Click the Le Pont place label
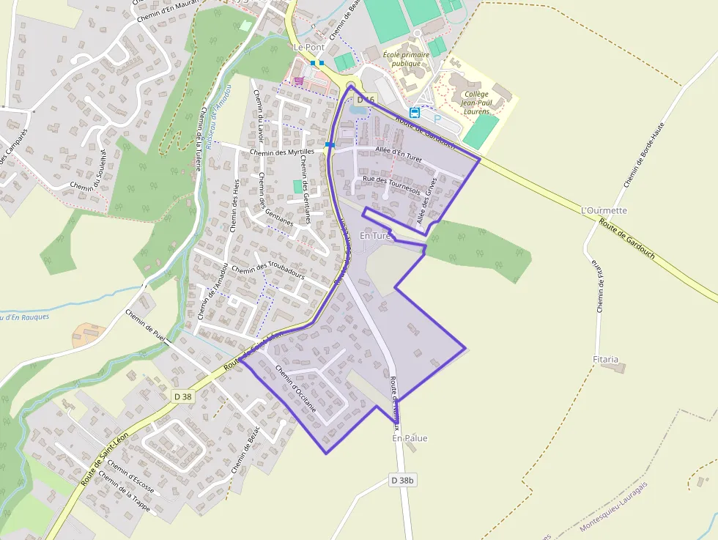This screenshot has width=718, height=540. click(308, 47)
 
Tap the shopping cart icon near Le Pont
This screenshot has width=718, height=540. click(298, 81)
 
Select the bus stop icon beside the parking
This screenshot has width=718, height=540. click(415, 113)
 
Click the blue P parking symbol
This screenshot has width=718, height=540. click(438, 119)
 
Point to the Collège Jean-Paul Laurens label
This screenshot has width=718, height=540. click(476, 103)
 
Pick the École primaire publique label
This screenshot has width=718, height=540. click(406, 59)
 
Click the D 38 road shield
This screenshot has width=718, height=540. click(183, 396)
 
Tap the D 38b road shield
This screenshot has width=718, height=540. click(402, 480)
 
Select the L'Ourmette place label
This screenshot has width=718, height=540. click(604, 210)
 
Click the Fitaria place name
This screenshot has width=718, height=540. click(605, 360)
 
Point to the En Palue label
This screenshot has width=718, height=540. click(410, 438)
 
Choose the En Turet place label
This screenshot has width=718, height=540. click(375, 236)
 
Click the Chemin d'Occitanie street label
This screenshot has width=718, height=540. click(295, 388)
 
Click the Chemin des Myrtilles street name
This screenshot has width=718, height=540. click(281, 152)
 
